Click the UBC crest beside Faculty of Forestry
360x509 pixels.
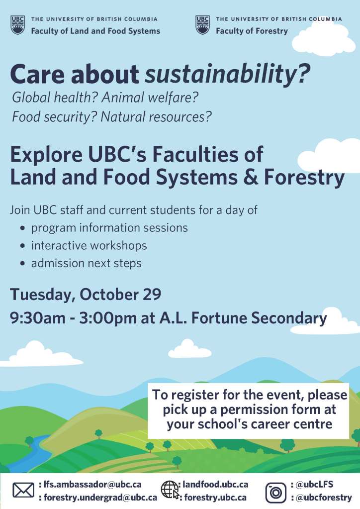coord(202,25)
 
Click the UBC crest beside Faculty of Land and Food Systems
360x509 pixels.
coord(17,25)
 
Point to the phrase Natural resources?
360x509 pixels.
coord(156,117)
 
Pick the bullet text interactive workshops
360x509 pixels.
coord(89,245)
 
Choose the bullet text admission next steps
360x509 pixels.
coord(86,263)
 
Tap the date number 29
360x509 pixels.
coord(152,294)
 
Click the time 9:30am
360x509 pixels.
coord(38,318)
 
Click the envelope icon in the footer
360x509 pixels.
coord(23,490)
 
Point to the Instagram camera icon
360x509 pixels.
coord(276,493)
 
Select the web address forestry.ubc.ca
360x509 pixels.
coord(215,498)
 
